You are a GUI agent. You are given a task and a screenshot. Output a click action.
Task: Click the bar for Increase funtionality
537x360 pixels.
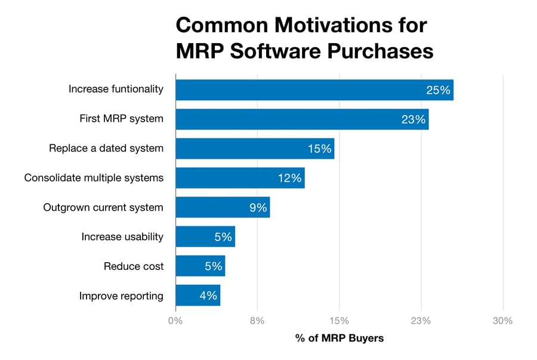pyautogui.click(x=314, y=90)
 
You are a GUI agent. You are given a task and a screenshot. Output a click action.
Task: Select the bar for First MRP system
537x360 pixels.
pyautogui.click(x=302, y=119)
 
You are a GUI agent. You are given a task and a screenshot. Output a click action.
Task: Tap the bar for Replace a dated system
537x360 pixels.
pyautogui.click(x=255, y=149)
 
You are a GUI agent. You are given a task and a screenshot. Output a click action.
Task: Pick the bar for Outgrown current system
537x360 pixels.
pyautogui.click(x=223, y=207)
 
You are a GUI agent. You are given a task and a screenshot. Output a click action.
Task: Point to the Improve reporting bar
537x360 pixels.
pyautogui.click(x=198, y=296)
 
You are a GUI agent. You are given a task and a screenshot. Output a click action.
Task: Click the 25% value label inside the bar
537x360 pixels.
pyautogui.click(x=438, y=90)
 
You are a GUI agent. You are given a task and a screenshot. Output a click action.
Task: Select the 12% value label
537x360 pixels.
pyautogui.click(x=289, y=178)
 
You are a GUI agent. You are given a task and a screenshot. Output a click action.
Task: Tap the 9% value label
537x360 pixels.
pyautogui.click(x=258, y=207)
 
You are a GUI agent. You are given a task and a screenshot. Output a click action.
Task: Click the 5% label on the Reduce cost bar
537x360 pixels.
pyautogui.click(x=213, y=266)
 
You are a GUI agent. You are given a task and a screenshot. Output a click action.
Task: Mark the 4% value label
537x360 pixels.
pyautogui.click(x=208, y=296)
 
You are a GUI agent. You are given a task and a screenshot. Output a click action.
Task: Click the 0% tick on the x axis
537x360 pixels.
pyautogui.click(x=175, y=321)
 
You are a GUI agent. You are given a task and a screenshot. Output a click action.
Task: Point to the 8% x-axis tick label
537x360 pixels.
pyautogui.click(x=257, y=321)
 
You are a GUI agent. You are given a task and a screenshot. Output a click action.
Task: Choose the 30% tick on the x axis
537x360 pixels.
pyautogui.click(x=502, y=321)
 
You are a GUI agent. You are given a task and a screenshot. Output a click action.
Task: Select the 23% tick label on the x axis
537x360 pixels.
pyautogui.click(x=421, y=321)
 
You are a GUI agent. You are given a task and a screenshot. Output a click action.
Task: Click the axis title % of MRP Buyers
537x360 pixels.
pyautogui.click(x=340, y=339)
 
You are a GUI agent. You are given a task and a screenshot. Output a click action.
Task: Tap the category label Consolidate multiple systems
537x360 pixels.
pyautogui.click(x=94, y=178)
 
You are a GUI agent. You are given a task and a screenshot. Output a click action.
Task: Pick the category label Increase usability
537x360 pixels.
pyautogui.click(x=122, y=237)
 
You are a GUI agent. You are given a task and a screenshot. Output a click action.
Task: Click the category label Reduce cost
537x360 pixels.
pyautogui.click(x=134, y=266)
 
